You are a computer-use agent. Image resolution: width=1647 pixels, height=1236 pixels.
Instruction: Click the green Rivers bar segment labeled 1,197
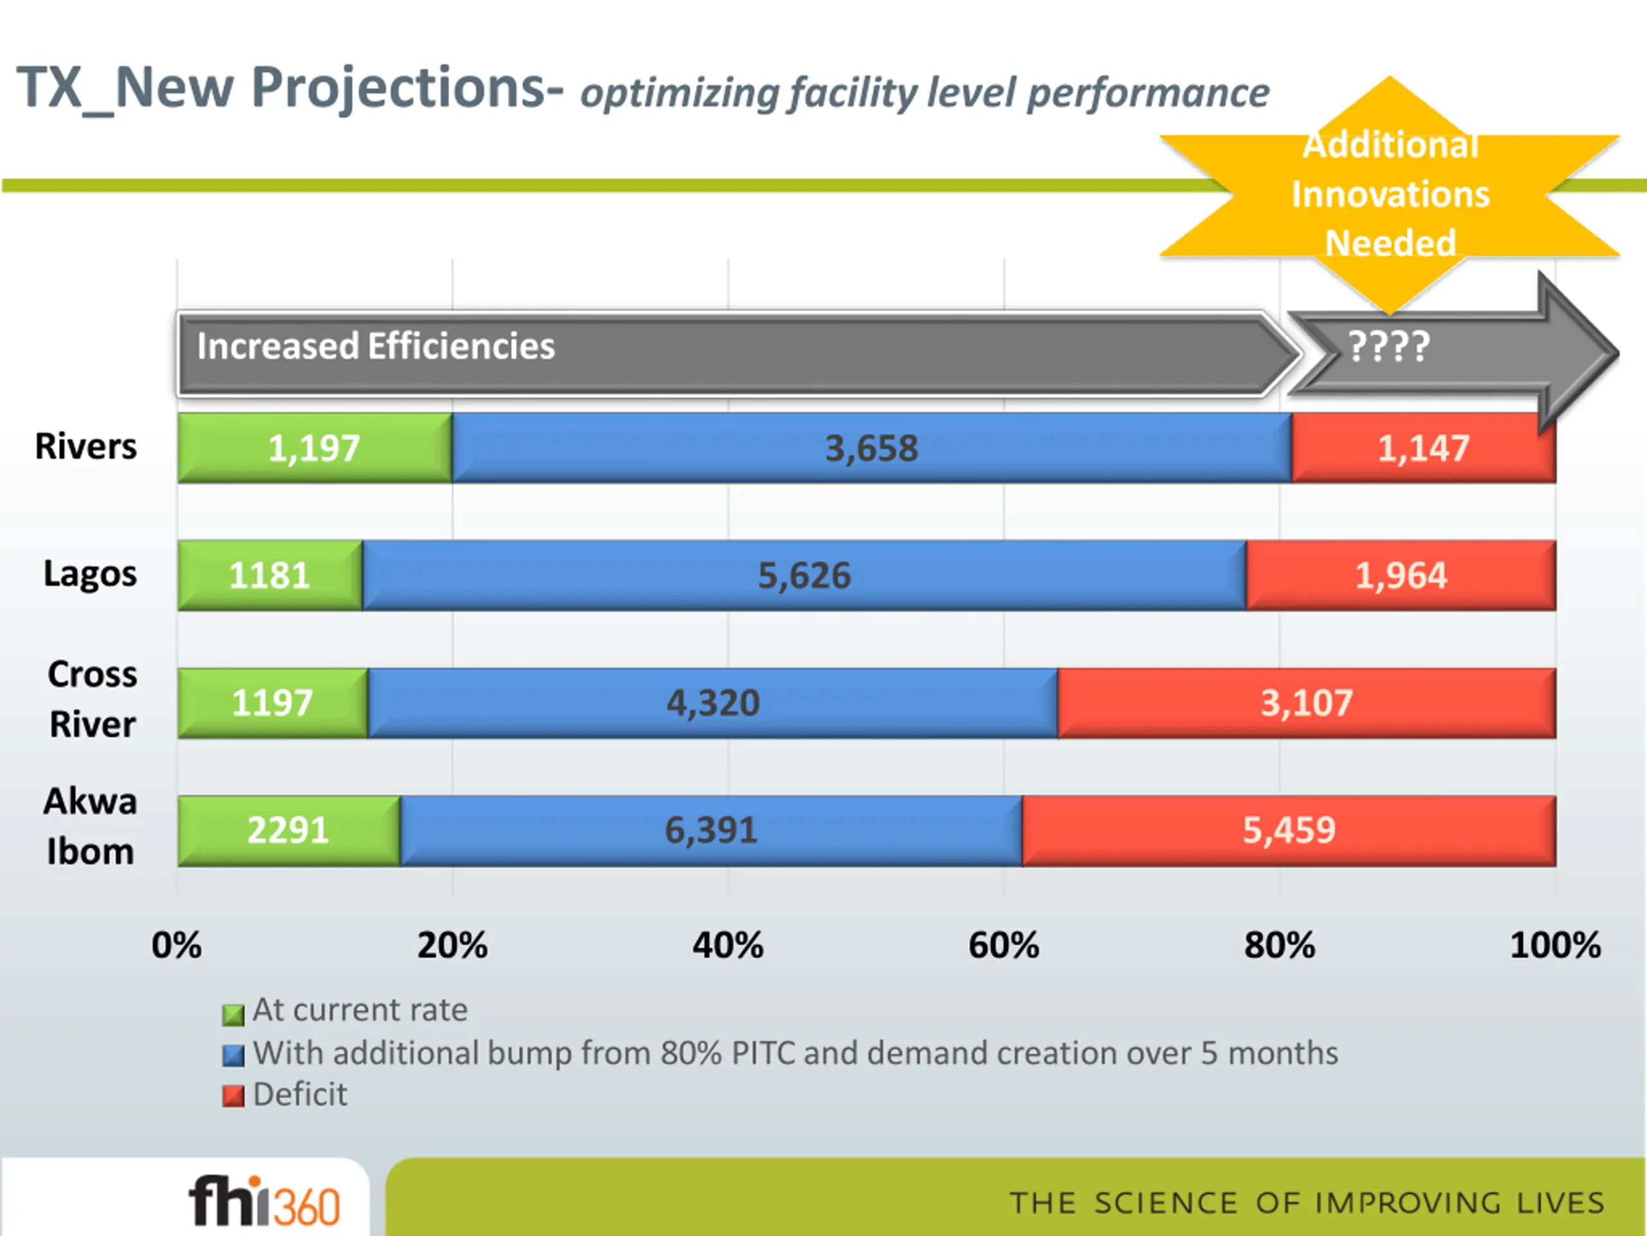tap(314, 448)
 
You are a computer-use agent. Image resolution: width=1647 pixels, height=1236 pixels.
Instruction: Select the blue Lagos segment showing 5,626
tap(804, 575)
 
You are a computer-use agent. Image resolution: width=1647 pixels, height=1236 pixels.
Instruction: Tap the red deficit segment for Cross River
tap(1307, 702)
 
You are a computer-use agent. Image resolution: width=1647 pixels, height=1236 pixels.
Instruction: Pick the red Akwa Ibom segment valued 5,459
tap(1289, 830)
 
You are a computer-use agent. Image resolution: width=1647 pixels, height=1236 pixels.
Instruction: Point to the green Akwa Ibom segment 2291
tap(288, 830)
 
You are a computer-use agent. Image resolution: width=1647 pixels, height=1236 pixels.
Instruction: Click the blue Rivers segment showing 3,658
tap(871, 448)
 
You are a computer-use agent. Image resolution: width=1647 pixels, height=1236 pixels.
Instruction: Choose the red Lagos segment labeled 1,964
tap(1401, 575)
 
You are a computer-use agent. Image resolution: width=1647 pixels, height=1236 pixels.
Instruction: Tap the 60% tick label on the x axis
tap(1004, 944)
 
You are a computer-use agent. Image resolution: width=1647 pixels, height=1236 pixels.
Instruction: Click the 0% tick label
tap(176, 944)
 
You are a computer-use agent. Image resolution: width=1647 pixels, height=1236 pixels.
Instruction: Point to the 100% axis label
tap(1556, 944)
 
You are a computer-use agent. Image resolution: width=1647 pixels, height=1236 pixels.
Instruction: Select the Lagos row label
tap(90, 574)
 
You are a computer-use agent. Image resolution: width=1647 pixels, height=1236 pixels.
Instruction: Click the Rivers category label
tap(86, 446)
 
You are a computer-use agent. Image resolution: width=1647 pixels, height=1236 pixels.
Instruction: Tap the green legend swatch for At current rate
tap(233, 1015)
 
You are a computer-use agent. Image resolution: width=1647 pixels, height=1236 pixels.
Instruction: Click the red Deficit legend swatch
tap(233, 1096)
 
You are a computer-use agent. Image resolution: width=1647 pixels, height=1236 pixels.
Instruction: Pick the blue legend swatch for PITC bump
tap(233, 1056)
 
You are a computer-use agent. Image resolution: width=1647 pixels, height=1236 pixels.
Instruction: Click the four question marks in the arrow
tap(1388, 346)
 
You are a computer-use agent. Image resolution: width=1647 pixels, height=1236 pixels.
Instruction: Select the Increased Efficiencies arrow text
tap(376, 346)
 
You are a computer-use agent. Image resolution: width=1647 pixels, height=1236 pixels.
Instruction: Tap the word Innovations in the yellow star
tap(1390, 194)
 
